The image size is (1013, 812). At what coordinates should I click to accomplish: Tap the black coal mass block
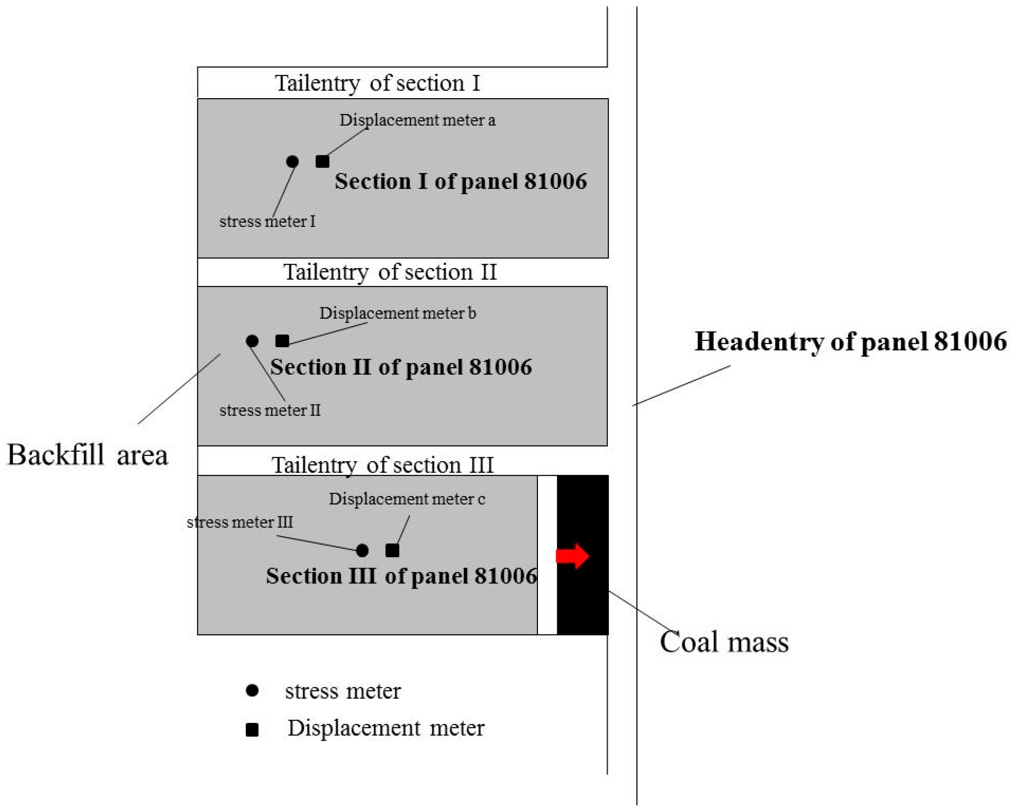click(583, 606)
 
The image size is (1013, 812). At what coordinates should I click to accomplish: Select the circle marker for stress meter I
click(292, 162)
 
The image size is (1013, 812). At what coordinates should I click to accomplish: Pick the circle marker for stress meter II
click(252, 341)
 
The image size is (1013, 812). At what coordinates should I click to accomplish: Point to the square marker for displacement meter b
click(282, 341)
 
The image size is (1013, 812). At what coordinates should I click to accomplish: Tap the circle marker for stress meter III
click(362, 551)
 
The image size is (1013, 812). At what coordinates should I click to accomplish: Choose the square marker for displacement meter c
click(392, 551)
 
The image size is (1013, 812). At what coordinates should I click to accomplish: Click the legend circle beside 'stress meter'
click(252, 690)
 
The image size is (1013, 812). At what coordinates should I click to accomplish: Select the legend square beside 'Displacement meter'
click(252, 730)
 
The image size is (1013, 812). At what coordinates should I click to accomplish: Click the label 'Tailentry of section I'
click(377, 83)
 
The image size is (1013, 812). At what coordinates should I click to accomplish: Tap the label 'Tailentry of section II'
click(390, 272)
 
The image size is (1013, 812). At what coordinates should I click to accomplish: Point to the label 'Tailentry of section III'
click(383, 465)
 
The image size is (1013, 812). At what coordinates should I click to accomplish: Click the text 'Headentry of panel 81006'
click(850, 341)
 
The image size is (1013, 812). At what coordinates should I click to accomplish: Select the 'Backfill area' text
click(88, 455)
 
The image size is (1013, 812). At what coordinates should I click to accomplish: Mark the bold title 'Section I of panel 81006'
click(461, 181)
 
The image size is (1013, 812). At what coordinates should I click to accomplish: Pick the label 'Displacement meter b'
click(397, 313)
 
